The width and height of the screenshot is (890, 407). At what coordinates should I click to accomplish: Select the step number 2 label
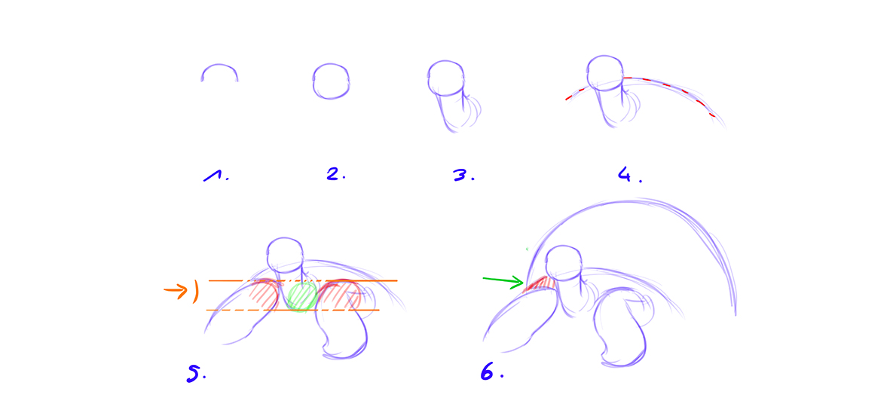pos(335,175)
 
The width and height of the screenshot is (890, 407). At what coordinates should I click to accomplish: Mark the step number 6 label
pos(491,372)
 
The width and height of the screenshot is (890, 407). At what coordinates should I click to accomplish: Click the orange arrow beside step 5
pos(176,291)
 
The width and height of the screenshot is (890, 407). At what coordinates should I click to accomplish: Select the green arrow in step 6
pos(503,281)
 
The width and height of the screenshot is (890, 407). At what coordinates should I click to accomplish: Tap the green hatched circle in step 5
pos(301,296)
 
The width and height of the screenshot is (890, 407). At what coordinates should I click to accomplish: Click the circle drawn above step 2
pos(331,81)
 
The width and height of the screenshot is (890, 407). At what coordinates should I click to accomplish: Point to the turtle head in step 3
pos(446,77)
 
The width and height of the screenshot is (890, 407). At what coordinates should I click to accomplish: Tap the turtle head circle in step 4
pos(606,72)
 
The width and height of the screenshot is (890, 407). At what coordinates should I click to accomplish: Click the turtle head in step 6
pos(564,262)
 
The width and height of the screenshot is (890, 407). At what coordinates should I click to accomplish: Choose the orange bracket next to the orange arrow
pos(196,292)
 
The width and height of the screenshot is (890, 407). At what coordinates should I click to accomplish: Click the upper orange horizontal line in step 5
pos(303,280)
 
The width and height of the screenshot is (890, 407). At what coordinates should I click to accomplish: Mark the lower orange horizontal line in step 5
pos(292,310)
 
